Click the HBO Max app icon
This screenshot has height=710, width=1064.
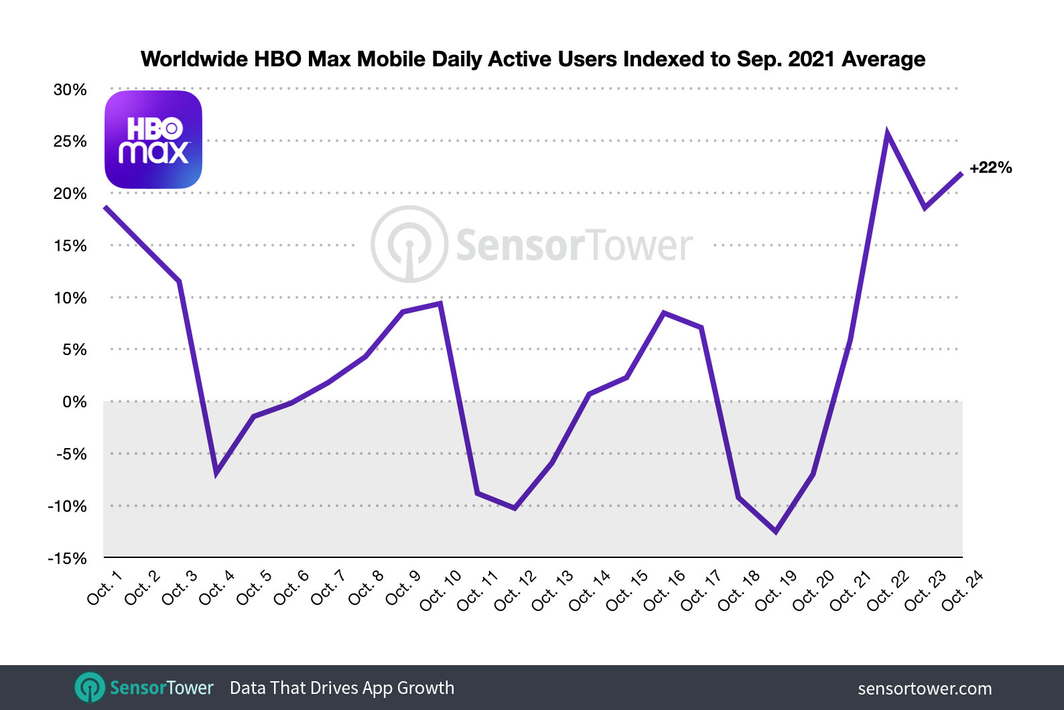(153, 139)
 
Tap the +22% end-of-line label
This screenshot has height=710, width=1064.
(990, 167)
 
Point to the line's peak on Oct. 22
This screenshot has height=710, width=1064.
(887, 133)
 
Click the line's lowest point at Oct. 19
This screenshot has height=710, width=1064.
(776, 532)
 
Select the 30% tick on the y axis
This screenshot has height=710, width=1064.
(70, 90)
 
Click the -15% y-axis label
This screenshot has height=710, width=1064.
(68, 559)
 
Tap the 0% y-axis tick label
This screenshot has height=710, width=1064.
(74, 402)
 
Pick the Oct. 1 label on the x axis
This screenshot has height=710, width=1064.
(105, 587)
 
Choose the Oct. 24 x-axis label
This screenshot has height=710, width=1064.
(962, 590)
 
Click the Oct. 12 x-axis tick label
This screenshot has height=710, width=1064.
(515, 590)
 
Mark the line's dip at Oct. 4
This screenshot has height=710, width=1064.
(216, 473)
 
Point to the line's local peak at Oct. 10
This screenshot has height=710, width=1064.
(440, 303)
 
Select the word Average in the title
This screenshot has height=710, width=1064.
(883, 59)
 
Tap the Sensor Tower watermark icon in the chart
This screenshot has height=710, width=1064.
(409, 244)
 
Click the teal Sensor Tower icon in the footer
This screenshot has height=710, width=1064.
(90, 688)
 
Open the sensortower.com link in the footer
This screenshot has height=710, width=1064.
(925, 689)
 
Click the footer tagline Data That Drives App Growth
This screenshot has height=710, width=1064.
(342, 688)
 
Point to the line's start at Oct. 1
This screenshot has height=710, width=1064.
(105, 207)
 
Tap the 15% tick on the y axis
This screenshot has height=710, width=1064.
(70, 246)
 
